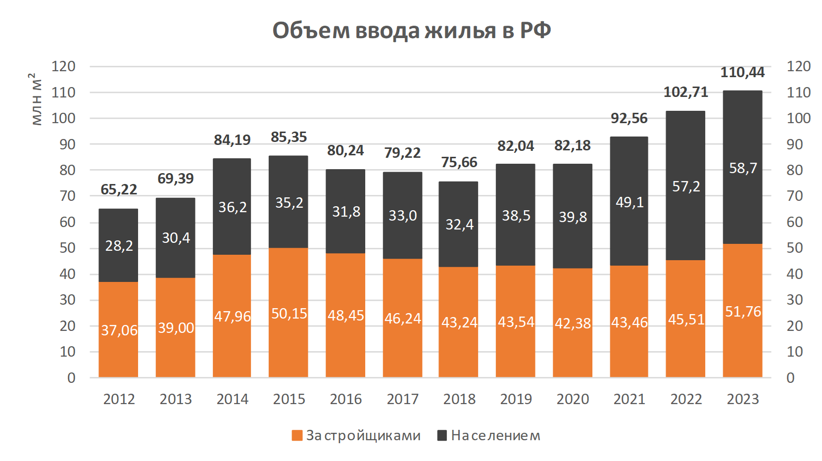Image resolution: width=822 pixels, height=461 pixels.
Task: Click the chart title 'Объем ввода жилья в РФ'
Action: (x=411, y=31)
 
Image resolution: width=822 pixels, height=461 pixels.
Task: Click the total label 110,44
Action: (x=742, y=73)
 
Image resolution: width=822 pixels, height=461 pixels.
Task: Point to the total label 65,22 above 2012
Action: (x=119, y=189)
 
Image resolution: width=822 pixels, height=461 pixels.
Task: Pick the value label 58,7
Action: (x=743, y=168)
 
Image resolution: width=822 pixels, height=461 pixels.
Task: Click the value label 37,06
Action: (x=119, y=330)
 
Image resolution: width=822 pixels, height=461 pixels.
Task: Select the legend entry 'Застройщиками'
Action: (x=356, y=436)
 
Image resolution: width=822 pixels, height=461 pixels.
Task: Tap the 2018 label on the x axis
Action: (x=459, y=399)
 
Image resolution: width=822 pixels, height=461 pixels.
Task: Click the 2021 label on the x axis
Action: (x=629, y=399)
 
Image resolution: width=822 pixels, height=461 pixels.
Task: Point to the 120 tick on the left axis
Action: (x=64, y=66)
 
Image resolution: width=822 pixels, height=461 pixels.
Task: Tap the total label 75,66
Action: (x=459, y=162)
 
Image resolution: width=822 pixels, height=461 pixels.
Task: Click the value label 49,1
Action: (x=629, y=202)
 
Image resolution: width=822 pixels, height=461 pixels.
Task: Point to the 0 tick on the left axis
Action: (x=71, y=378)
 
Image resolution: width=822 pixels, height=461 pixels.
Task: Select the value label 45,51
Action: (x=686, y=320)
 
